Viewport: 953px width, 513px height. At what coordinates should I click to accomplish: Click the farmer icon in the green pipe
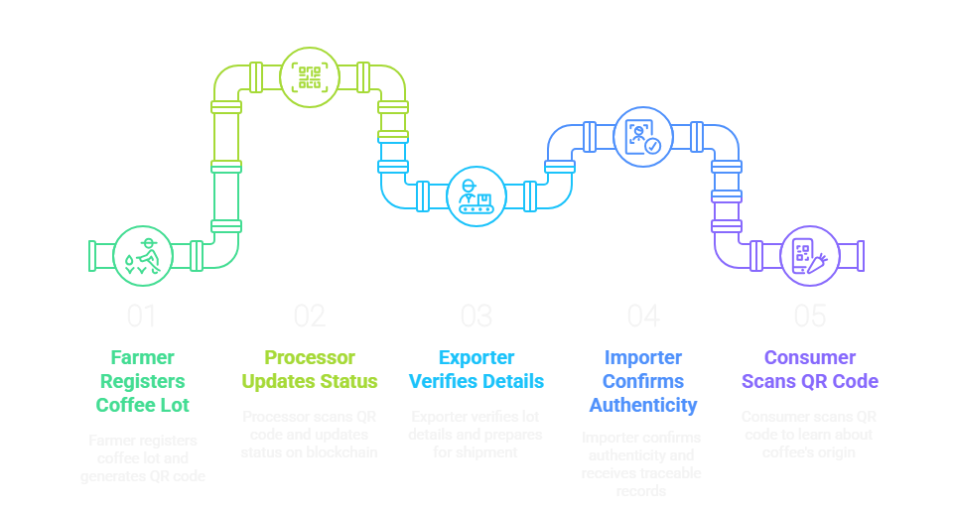click(x=143, y=255)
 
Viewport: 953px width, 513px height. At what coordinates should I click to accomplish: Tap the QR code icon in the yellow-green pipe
click(x=310, y=77)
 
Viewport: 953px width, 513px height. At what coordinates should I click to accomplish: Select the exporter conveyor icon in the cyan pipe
click(x=476, y=195)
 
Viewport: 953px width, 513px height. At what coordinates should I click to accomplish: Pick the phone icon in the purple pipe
click(x=809, y=255)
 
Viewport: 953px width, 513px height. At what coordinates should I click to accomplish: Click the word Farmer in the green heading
click(x=142, y=357)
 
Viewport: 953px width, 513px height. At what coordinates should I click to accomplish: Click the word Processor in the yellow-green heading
click(x=309, y=357)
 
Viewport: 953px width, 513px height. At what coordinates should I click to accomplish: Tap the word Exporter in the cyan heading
click(x=476, y=357)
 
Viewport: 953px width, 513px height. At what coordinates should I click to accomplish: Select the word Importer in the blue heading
click(x=642, y=357)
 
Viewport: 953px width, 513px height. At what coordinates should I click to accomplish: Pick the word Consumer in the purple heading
click(x=809, y=357)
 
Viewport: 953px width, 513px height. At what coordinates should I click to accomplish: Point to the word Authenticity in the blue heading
click(x=642, y=405)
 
